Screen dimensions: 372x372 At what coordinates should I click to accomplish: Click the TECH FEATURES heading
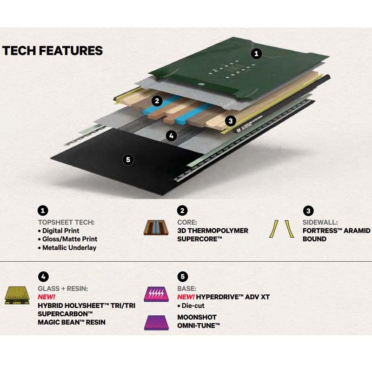coord(53,51)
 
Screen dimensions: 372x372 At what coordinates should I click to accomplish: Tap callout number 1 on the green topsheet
coord(256,53)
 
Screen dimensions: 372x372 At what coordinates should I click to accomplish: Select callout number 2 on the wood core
coord(157,100)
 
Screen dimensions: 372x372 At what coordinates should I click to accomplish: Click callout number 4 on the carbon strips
coord(172,136)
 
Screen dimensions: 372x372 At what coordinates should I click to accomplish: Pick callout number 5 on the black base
coord(128,159)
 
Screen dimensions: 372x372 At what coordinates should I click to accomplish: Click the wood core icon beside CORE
coord(156,229)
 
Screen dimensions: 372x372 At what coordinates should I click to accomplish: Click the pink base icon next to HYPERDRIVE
coord(156,294)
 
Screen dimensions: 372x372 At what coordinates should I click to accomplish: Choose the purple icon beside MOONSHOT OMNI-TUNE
coord(156,322)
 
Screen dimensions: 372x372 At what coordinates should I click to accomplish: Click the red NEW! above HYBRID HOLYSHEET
coord(46,297)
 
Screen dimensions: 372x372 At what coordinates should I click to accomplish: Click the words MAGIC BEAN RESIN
coord(72,322)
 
